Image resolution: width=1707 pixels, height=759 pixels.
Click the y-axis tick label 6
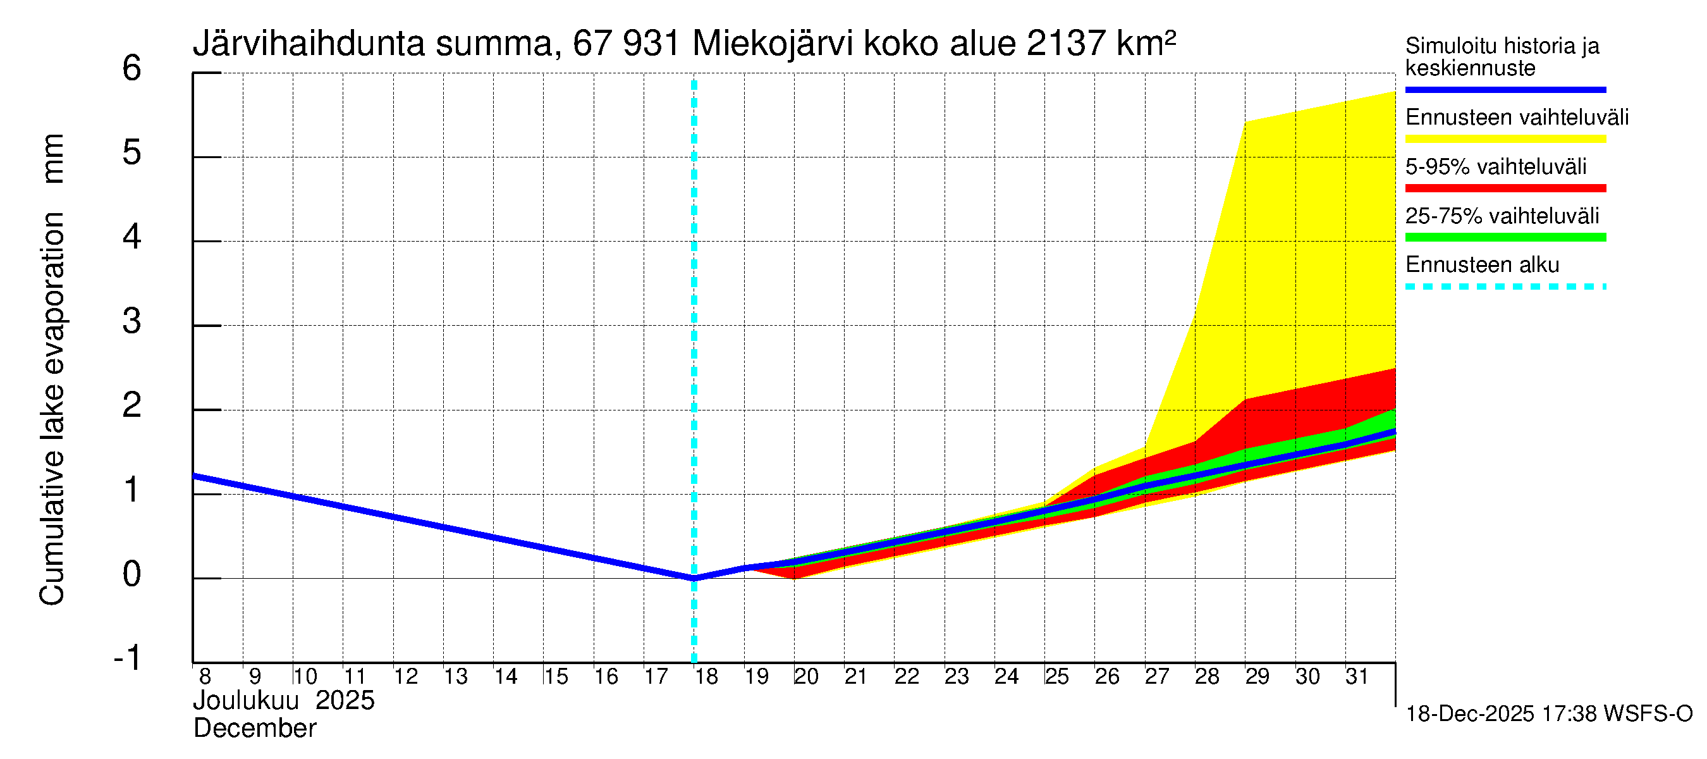click(132, 68)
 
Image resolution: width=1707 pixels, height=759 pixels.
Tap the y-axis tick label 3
click(132, 321)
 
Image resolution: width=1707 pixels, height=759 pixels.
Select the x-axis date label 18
click(706, 676)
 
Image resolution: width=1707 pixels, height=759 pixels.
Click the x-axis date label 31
click(1357, 676)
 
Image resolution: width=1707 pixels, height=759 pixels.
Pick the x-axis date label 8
click(205, 676)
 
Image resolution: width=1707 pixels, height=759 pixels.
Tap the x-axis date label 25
click(1057, 676)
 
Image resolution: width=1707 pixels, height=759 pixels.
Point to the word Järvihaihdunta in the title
click(308, 44)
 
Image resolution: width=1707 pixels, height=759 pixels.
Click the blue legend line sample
click(1505, 89)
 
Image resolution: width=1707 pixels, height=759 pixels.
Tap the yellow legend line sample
click(1505, 139)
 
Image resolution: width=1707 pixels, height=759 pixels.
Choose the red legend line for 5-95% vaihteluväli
click(1505, 188)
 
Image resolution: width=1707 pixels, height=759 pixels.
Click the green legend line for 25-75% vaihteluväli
click(1505, 237)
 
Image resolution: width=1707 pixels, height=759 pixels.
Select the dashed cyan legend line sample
click(1505, 287)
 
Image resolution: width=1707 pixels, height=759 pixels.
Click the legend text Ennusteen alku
click(1482, 265)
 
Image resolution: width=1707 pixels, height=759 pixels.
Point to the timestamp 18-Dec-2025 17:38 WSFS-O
click(1548, 714)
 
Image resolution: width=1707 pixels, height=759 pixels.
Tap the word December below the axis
click(254, 729)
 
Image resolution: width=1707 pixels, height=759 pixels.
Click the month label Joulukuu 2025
click(284, 701)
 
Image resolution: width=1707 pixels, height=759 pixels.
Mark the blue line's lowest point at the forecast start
click(694, 578)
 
